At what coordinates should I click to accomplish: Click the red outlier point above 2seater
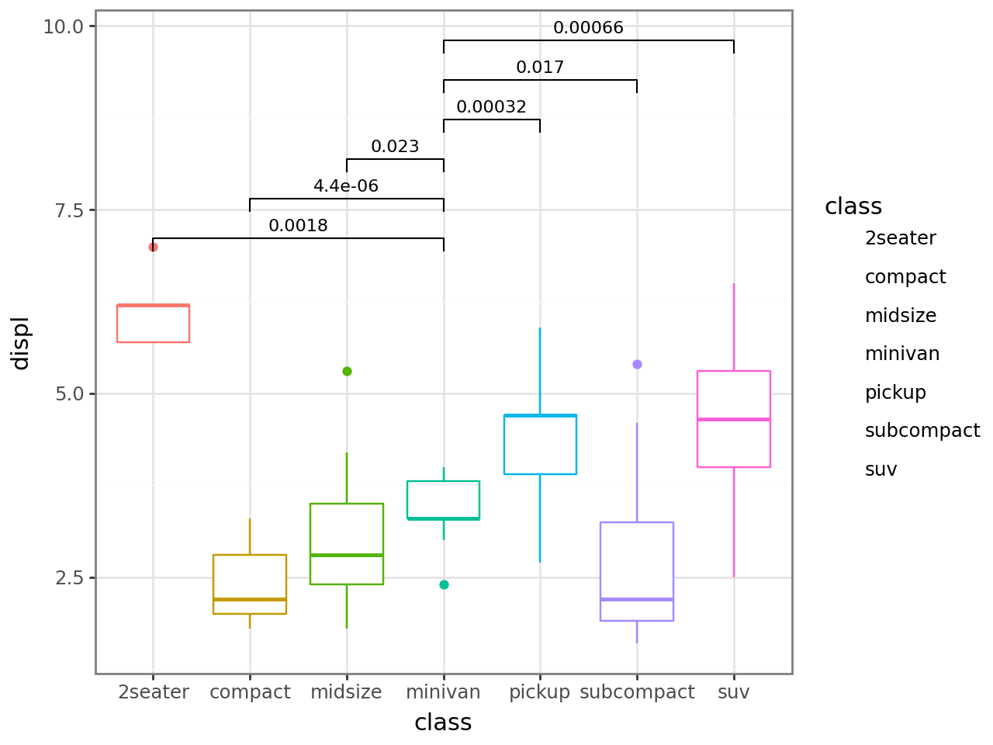pos(153,247)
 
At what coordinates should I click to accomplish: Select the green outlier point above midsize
pos(347,371)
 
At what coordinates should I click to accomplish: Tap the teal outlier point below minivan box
pos(444,584)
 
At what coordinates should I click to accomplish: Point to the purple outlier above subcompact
pos(637,364)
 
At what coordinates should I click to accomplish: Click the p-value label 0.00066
pos(588,28)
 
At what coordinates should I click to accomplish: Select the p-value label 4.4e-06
pos(346,186)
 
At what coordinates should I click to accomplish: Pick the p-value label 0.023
pos(395,147)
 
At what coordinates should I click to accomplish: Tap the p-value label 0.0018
pos(298,226)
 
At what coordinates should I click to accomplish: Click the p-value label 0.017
pos(540,68)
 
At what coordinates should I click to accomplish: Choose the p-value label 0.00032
pos(491,107)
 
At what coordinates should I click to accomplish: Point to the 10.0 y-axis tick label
pos(63,26)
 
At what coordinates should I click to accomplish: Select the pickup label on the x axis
pos(539,692)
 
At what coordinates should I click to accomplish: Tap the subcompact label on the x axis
pos(637,692)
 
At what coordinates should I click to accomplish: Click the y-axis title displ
pos(20,342)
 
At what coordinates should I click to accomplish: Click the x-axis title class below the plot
pos(443,722)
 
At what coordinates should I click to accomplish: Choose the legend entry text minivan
pos(902,354)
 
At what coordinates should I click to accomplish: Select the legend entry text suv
pos(881,470)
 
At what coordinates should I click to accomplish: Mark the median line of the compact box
pos(250,599)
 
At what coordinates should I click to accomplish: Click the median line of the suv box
pos(733,419)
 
